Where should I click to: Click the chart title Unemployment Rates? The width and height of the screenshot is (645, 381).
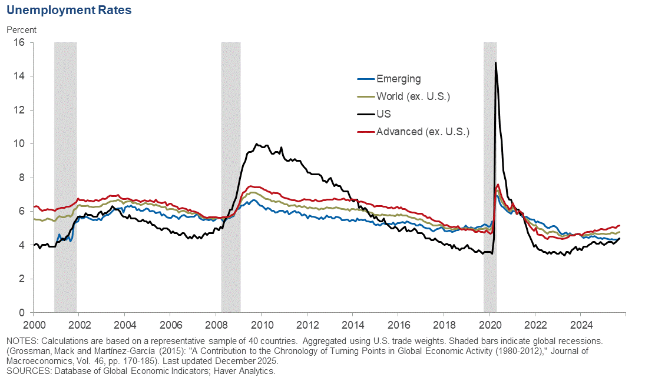[x=69, y=10]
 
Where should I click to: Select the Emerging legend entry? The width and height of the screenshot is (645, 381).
[x=398, y=79]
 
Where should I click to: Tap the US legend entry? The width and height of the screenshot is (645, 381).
[x=383, y=114]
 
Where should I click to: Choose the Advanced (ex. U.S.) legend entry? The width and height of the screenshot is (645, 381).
[x=422, y=131]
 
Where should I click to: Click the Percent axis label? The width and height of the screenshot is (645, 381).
[x=21, y=29]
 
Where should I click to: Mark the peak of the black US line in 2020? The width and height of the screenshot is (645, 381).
[x=495, y=62]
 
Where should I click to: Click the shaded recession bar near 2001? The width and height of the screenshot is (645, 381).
[x=65, y=176]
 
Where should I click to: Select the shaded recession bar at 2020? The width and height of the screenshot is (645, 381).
[x=490, y=176]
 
